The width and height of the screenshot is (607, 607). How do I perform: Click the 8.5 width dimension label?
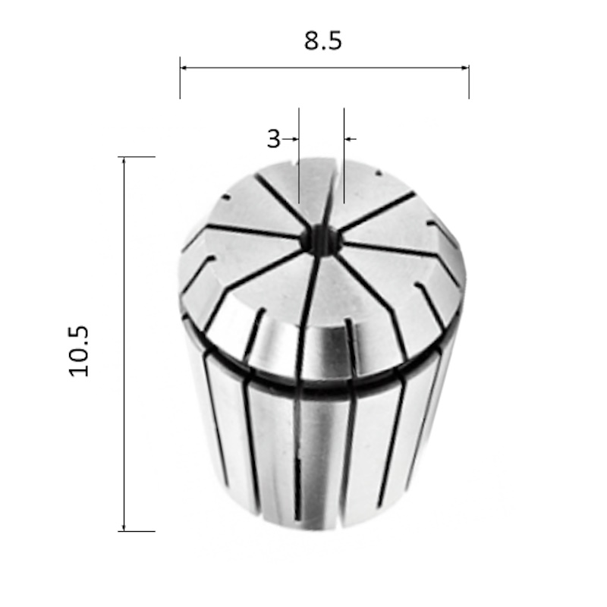pyautogui.click(x=323, y=41)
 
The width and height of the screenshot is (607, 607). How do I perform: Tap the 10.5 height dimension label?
pyautogui.click(x=79, y=351)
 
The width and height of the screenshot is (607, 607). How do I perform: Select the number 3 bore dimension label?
pyautogui.click(x=273, y=139)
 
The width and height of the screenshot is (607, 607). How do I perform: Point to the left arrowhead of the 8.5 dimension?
pyautogui.click(x=184, y=68)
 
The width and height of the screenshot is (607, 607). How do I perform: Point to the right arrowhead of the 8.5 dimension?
pyautogui.click(x=465, y=68)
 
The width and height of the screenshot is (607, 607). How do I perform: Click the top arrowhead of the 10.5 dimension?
pyautogui.click(x=124, y=161)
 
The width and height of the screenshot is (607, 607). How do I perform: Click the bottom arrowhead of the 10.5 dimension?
pyautogui.click(x=124, y=527)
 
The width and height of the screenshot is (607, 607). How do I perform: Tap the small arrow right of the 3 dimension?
pyautogui.click(x=350, y=139)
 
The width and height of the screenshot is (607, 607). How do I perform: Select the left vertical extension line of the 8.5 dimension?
pyautogui.click(x=180, y=78)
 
